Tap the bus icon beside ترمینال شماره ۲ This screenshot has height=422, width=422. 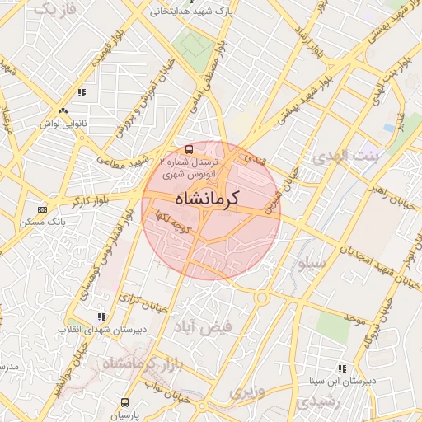pyautogui.click(x=190, y=150)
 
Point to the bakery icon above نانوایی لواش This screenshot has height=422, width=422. pyautogui.click(x=63, y=110)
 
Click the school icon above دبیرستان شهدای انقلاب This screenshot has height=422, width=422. pyautogui.click(x=101, y=316)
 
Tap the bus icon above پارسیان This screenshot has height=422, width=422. pyautogui.click(x=124, y=403)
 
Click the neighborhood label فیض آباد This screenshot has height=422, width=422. pyautogui.click(x=203, y=326)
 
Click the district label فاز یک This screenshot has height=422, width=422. pyautogui.click(x=57, y=9)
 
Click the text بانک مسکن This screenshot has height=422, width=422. pyautogui.click(x=46, y=223)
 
